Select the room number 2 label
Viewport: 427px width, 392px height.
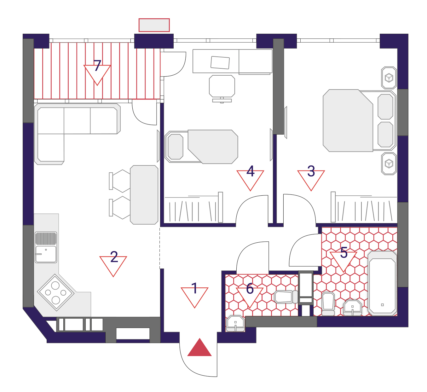click(x=114, y=257)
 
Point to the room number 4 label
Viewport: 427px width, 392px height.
click(x=250, y=171)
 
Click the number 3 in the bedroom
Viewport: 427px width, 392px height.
click(x=311, y=171)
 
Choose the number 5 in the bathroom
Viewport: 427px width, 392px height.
click(x=344, y=252)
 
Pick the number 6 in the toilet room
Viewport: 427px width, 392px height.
click(x=250, y=289)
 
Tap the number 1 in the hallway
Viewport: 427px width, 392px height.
click(x=194, y=288)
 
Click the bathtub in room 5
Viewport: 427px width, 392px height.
click(x=382, y=283)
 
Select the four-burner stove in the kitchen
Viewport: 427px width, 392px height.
click(x=56, y=292)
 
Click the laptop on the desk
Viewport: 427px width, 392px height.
click(x=220, y=63)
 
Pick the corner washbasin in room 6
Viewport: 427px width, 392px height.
click(x=235, y=323)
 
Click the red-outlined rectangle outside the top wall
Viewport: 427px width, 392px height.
click(x=154, y=25)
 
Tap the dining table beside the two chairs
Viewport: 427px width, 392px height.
click(x=144, y=195)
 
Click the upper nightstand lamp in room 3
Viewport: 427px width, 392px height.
click(x=389, y=78)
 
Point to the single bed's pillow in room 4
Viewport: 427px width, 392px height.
click(x=176, y=147)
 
